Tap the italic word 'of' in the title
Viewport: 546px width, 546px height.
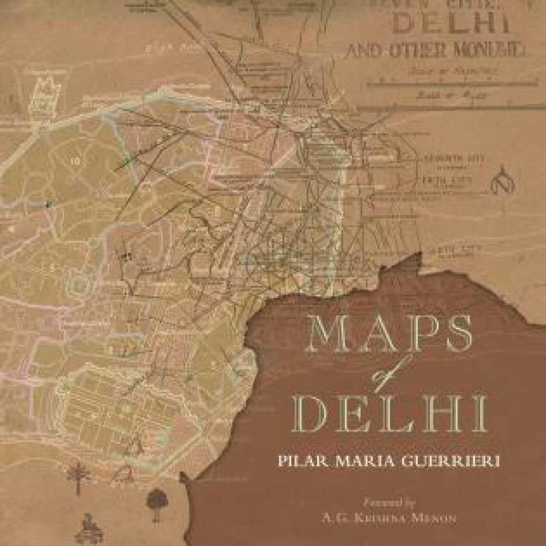click(x=385, y=375)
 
